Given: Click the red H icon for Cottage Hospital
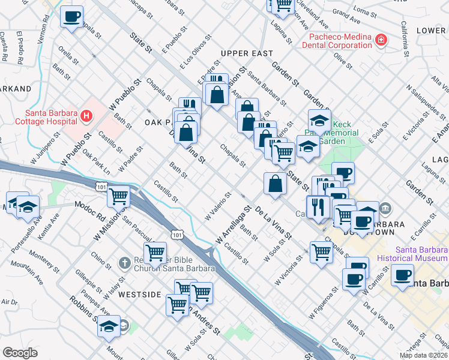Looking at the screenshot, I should [x=87, y=115].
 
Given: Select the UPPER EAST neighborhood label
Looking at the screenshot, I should [x=247, y=54].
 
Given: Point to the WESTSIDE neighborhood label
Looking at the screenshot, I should [x=140, y=295].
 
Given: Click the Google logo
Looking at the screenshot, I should [x=20, y=353].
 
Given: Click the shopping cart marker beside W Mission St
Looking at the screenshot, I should [x=119, y=196].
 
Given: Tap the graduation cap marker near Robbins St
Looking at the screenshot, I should [x=109, y=326].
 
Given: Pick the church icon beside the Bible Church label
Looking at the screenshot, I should [x=124, y=262].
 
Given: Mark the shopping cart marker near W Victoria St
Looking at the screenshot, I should [x=321, y=253].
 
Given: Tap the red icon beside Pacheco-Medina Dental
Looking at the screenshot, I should [x=381, y=40].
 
